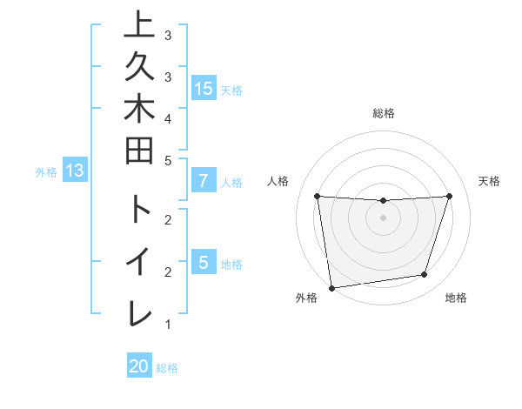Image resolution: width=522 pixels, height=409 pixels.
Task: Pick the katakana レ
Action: [139, 313]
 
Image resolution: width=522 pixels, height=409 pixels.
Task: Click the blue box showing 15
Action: [204, 88]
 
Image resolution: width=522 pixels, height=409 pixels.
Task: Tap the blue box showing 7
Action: [204, 181]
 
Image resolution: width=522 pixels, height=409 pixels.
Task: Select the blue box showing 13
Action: [75, 171]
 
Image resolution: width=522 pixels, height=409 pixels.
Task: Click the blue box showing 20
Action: [139, 366]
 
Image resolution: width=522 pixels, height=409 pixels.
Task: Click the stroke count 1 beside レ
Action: [167, 325]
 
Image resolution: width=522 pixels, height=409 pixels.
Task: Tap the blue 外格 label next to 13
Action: [46, 172]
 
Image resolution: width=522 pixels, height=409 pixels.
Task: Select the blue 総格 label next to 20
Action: [167, 367]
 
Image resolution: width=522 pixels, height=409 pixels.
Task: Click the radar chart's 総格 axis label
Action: [383, 113]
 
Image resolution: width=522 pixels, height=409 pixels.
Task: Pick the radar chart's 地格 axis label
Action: [456, 298]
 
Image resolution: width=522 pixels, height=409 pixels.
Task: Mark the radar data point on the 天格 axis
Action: [449, 196]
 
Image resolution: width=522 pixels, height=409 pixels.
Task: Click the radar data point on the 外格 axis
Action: [331, 287]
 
